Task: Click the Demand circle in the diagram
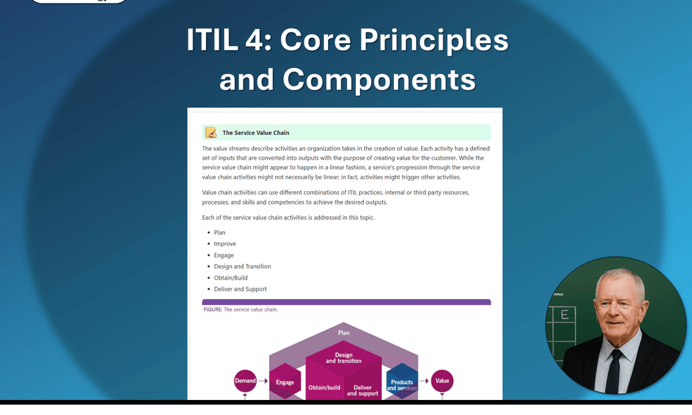(245, 380)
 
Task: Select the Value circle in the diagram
(442, 380)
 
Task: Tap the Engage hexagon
(285, 382)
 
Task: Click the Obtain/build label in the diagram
(324, 388)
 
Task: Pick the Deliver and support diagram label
(363, 390)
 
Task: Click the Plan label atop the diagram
(344, 333)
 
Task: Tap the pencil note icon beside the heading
(211, 133)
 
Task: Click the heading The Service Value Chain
(256, 133)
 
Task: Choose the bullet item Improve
(225, 244)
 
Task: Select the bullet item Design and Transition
(242, 266)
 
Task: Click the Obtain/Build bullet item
(231, 278)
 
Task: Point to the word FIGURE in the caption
(213, 310)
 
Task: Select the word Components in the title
(379, 79)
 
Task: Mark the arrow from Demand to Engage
(263, 380)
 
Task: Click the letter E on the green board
(565, 315)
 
